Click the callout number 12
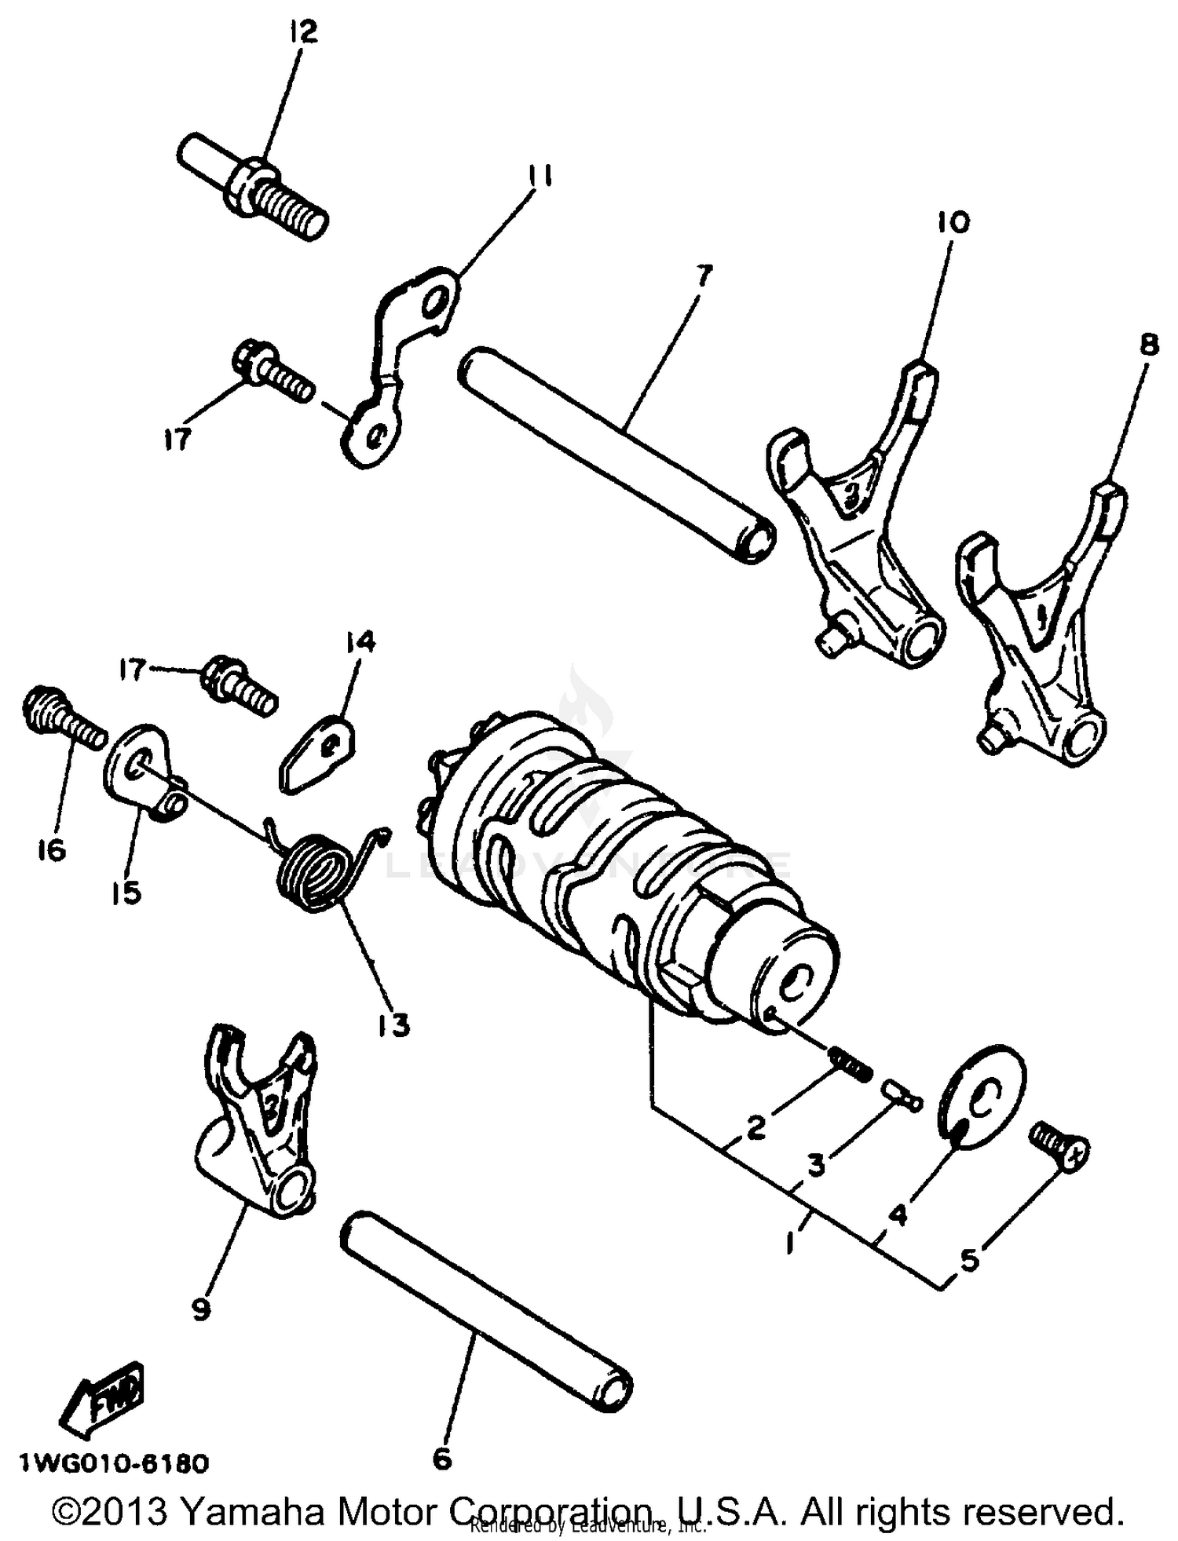(x=303, y=32)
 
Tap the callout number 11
(x=539, y=176)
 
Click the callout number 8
(x=1149, y=346)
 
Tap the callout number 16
(x=52, y=849)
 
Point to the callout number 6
(x=442, y=1459)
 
